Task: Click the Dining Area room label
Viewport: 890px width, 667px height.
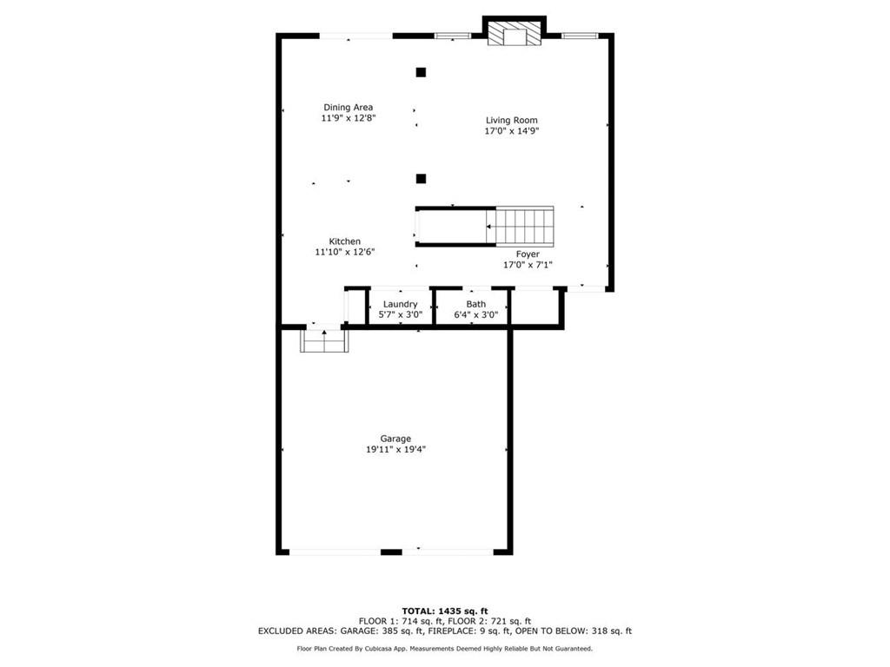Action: click(x=348, y=108)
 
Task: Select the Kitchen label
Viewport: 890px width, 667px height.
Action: click(x=344, y=241)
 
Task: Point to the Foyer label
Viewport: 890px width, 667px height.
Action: click(x=528, y=254)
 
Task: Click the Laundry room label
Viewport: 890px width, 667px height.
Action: click(x=400, y=304)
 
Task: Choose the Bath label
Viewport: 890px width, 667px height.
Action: click(x=475, y=304)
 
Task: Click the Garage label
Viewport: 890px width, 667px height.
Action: click(x=395, y=439)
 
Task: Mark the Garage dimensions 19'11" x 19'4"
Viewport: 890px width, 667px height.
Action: click(x=395, y=450)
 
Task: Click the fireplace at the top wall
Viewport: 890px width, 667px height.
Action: click(x=514, y=34)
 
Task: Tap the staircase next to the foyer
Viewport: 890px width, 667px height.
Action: click(x=524, y=226)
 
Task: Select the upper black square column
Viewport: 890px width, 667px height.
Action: click(x=421, y=72)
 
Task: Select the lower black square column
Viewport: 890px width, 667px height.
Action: click(x=421, y=179)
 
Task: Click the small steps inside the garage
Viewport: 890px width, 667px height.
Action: click(x=324, y=341)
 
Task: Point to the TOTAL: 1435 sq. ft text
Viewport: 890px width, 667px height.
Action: click(x=444, y=611)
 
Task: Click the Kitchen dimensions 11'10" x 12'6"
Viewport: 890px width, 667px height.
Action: click(x=344, y=252)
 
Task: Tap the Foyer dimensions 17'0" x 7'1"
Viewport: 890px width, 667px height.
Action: click(x=528, y=265)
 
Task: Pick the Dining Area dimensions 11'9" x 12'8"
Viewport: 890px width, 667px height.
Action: click(x=348, y=118)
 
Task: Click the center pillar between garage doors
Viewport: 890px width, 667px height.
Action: click(x=391, y=551)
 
